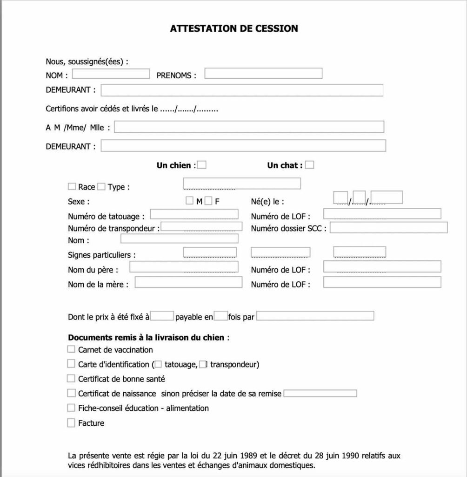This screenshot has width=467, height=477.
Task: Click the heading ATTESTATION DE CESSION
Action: [x=234, y=28]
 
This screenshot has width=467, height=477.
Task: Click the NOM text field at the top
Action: [x=111, y=74]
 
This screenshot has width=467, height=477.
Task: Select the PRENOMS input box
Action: [x=263, y=74]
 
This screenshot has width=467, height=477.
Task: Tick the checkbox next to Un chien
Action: [x=202, y=165]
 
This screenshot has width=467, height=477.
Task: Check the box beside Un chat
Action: [x=309, y=165]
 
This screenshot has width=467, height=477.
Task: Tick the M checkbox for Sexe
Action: [x=189, y=201]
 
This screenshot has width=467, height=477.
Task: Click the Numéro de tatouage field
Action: [x=194, y=214]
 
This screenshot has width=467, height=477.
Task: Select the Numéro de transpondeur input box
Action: [x=201, y=227]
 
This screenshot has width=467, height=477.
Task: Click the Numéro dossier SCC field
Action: [x=388, y=227]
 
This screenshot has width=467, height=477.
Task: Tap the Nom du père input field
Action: [x=184, y=267]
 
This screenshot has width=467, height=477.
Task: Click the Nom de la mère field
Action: [x=188, y=282]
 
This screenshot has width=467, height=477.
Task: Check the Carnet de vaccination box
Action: [x=71, y=349]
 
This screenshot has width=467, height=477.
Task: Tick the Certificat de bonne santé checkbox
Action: [x=71, y=378]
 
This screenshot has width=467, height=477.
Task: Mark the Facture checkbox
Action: [x=71, y=423]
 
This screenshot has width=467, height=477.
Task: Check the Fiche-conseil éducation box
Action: [x=71, y=408]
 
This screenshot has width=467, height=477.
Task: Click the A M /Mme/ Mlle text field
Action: [x=249, y=127]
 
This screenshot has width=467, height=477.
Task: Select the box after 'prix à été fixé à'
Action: [x=162, y=316]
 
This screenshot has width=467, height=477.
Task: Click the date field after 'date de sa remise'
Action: [x=320, y=393]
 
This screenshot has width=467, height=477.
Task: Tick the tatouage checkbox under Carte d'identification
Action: [x=159, y=364]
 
